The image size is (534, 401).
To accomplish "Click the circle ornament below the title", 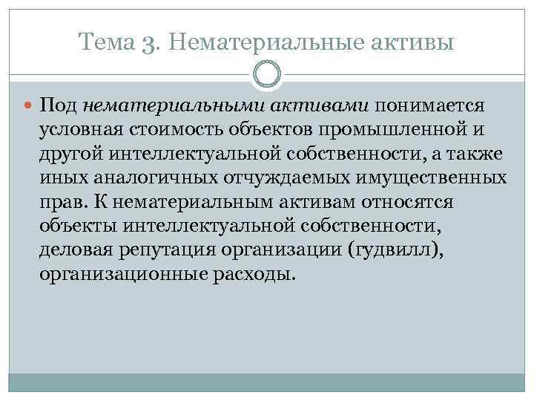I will [267, 76].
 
